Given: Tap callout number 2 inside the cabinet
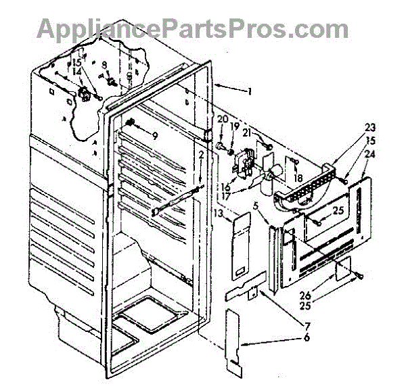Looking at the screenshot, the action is (x=201, y=158).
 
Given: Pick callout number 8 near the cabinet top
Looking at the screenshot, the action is (x=105, y=66).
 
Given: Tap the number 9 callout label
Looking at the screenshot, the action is (x=154, y=135).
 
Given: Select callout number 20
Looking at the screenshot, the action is (x=220, y=119).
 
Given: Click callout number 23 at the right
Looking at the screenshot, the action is (x=351, y=126).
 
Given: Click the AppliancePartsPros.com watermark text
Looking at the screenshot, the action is (x=193, y=28).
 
